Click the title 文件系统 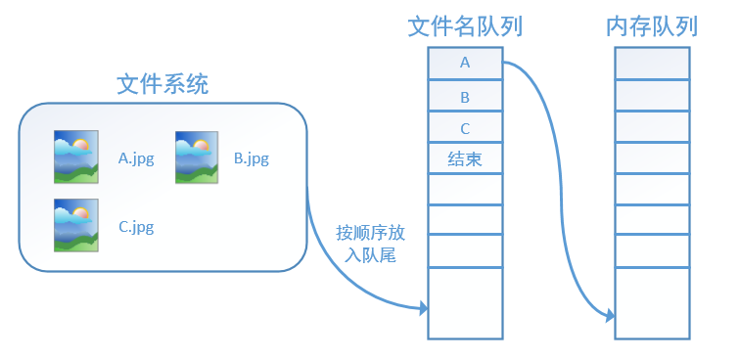(x=162, y=83)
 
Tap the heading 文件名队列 (x=465, y=26)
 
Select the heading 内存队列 (x=652, y=26)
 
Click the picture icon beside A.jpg (x=74, y=157)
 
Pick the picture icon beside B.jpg (x=195, y=157)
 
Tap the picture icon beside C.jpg (x=74, y=226)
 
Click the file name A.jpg (x=135, y=157)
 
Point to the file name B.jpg (x=252, y=157)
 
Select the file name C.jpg (x=136, y=227)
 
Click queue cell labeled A (x=465, y=64)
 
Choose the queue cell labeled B (x=465, y=96)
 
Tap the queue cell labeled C (x=465, y=127)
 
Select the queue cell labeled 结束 (x=465, y=158)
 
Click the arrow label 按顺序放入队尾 (x=370, y=245)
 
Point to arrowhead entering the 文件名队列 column (x=424, y=309)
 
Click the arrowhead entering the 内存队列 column (x=610, y=316)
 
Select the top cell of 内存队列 (x=652, y=64)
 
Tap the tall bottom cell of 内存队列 (x=652, y=302)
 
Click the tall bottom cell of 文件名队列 (x=465, y=302)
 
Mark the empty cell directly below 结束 (x=465, y=189)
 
